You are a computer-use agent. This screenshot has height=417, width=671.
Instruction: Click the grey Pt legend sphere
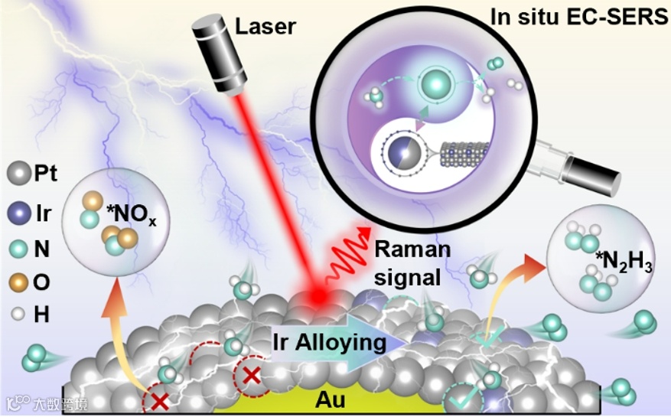coord(18,174)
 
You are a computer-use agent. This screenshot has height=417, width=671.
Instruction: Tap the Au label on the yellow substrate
coord(331,400)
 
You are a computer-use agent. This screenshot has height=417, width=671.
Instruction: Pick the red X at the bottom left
coord(159,400)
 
